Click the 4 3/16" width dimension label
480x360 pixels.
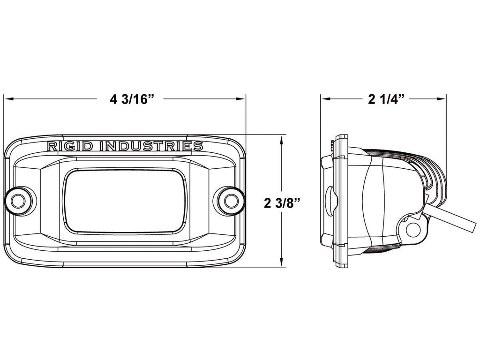pos(132,99)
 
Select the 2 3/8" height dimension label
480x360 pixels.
pos(282,203)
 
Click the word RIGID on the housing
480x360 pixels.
pos(70,146)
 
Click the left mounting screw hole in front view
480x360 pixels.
pos(18,201)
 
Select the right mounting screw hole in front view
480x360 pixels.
pos(231,201)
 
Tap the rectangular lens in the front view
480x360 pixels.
pos(125,201)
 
